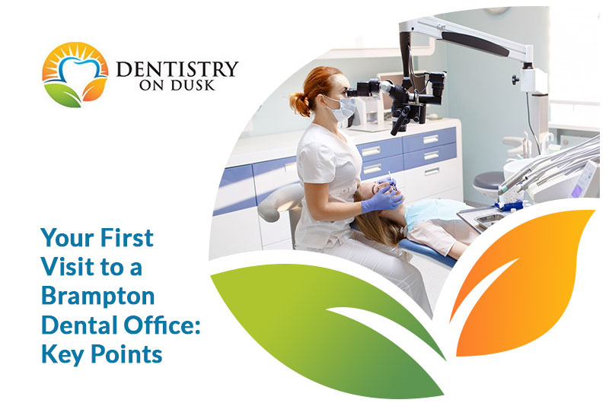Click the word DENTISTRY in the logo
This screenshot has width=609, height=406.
coord(177,69)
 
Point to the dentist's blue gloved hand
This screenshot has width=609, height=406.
coord(381,199)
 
